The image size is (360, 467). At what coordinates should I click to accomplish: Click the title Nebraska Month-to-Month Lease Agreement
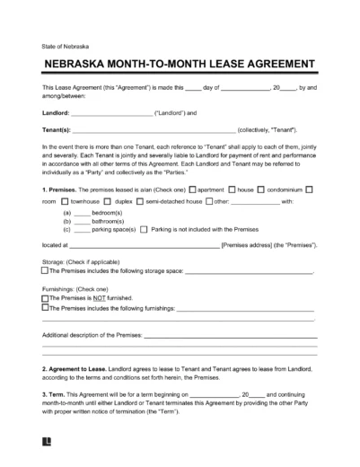tap(180, 65)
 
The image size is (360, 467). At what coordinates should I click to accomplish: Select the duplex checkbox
tap(105, 203)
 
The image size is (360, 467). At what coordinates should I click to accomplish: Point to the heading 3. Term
tap(55, 396)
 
